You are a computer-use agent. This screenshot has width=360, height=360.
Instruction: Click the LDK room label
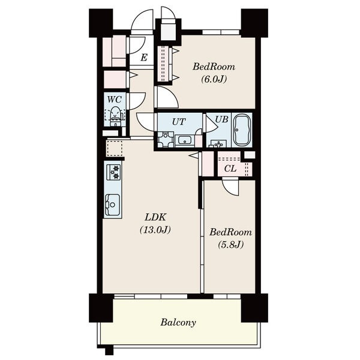pyautogui.click(x=155, y=217)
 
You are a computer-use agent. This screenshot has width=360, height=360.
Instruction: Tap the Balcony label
pyautogui.click(x=178, y=322)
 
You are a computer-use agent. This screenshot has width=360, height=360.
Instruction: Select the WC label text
pyautogui.click(x=115, y=100)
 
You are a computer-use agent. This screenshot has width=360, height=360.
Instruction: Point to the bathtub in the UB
pyautogui.click(x=242, y=130)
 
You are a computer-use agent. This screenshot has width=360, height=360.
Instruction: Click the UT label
pyautogui.click(x=179, y=122)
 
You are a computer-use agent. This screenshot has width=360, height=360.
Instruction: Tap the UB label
pyautogui.click(x=221, y=119)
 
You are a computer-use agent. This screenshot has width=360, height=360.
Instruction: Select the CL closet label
pyautogui.click(x=230, y=169)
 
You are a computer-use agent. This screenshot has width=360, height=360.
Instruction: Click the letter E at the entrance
pyautogui.click(x=144, y=58)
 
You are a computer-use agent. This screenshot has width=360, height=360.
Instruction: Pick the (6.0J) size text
pyautogui.click(x=214, y=79)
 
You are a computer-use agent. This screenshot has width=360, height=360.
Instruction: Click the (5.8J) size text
pyautogui.click(x=230, y=245)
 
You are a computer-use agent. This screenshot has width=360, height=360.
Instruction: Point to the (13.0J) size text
pyautogui.click(x=155, y=230)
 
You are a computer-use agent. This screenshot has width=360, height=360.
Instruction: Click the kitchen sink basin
pyautogui.click(x=113, y=205)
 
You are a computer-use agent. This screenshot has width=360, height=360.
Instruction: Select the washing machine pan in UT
pyautogui.click(x=166, y=139)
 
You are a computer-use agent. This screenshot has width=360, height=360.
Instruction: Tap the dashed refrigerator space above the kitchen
pyautogui.click(x=115, y=149)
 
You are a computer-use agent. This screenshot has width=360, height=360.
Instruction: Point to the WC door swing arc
pyautogui.click(x=137, y=101)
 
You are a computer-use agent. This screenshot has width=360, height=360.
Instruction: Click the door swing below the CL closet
pyautogui.click(x=231, y=187)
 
